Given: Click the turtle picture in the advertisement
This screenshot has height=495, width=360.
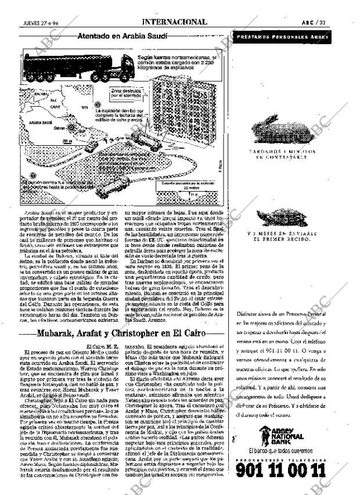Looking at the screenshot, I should [x=283, y=218].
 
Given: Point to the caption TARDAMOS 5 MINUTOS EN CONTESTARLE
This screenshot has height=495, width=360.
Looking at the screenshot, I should [x=283, y=154].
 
